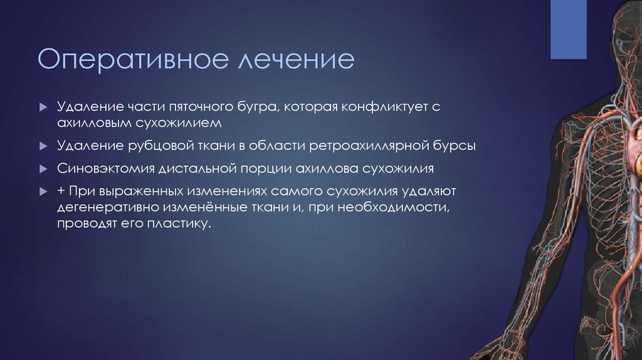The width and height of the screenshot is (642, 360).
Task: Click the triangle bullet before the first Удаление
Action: point(43,108)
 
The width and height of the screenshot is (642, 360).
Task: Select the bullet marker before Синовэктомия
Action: point(43,170)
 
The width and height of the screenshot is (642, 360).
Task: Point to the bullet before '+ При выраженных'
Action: point(43,191)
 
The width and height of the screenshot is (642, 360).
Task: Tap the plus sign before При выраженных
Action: point(61,191)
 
